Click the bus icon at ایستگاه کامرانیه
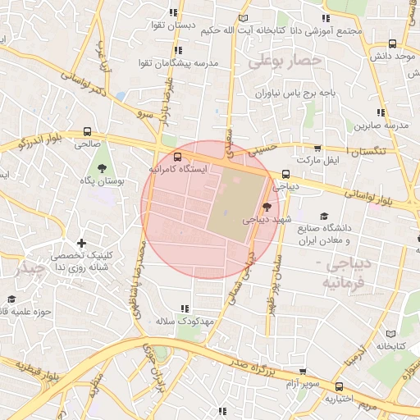pyautogui.click(x=177, y=157)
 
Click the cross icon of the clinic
pyautogui.click(x=81, y=243)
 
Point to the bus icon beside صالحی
pyautogui.click(x=87, y=132)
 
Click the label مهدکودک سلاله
pyautogui.click(x=185, y=319)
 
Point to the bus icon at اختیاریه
pyautogui.click(x=340, y=387)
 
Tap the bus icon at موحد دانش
pyautogui.click(x=392, y=44)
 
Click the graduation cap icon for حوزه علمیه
pyautogui.click(x=11, y=299)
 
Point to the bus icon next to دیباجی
pyautogui.click(x=285, y=174)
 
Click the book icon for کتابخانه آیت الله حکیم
pyautogui.click(x=241, y=19)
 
